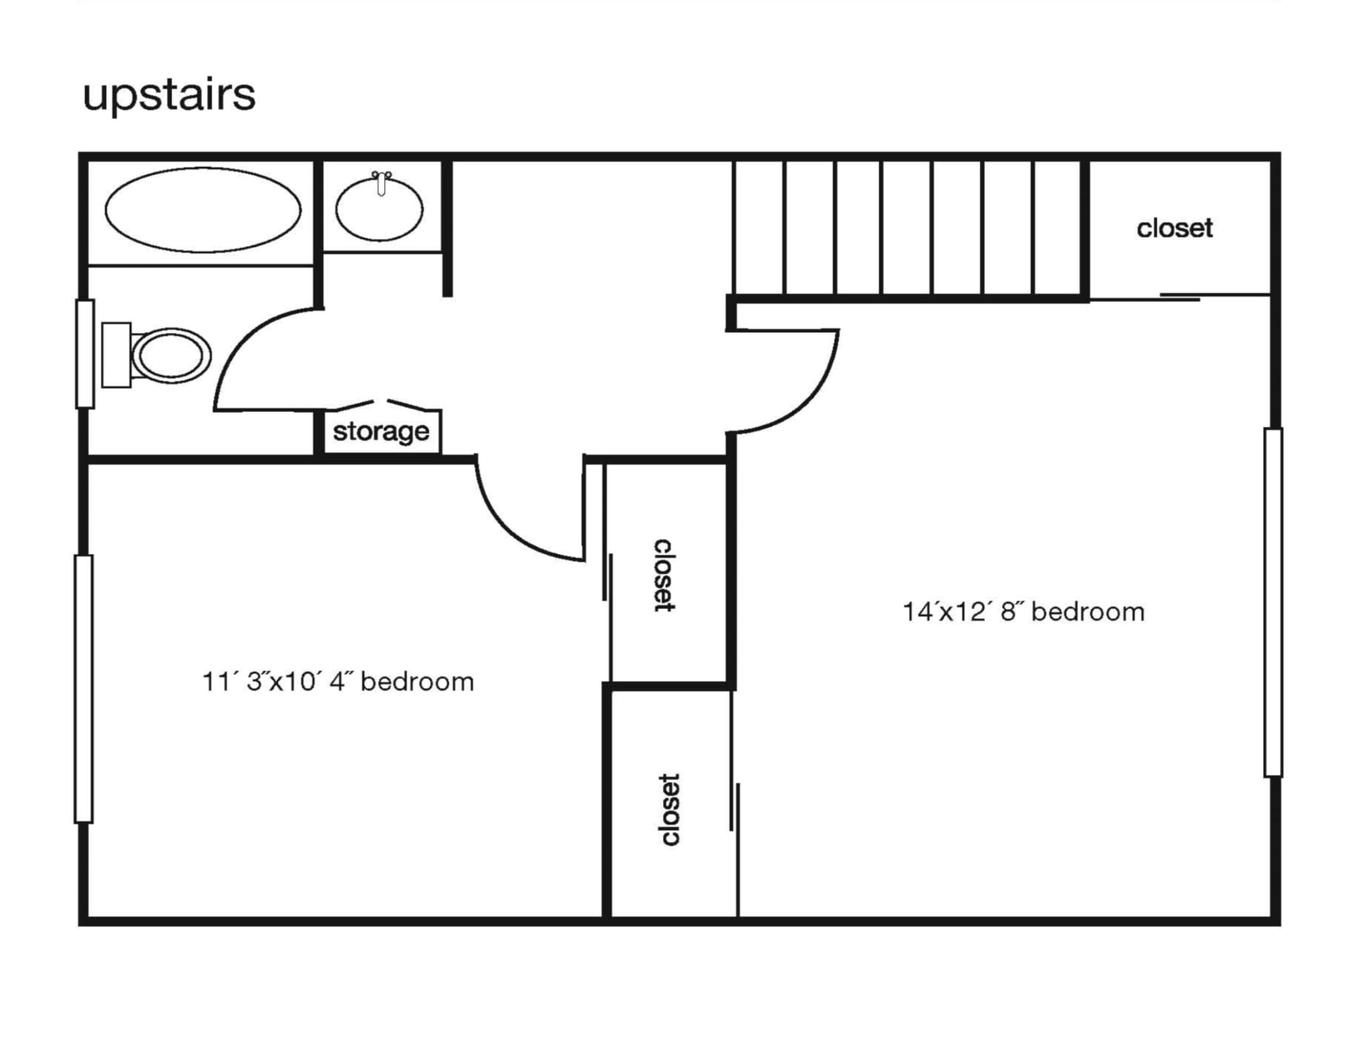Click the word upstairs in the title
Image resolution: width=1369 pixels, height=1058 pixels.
(x=168, y=96)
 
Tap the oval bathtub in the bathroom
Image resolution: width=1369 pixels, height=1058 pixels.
(x=203, y=210)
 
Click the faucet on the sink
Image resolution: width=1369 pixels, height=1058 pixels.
(x=381, y=183)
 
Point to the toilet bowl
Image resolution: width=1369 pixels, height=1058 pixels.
(x=171, y=356)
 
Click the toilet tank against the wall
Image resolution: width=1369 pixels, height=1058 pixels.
(x=116, y=355)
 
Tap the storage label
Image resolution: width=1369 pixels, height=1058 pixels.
(x=381, y=432)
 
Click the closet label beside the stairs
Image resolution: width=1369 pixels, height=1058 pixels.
(x=1174, y=229)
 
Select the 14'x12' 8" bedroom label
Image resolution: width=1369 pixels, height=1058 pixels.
(x=1023, y=612)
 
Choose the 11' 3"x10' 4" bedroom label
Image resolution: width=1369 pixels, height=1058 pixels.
(x=338, y=682)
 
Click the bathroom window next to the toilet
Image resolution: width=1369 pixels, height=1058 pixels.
(x=85, y=354)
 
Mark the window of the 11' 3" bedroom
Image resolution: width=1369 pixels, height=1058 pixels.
(x=84, y=688)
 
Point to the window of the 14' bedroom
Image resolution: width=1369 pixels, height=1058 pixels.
(x=1273, y=602)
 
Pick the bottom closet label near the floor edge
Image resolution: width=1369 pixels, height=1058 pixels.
(x=668, y=809)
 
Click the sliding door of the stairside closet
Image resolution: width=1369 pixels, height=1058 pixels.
(x=1180, y=297)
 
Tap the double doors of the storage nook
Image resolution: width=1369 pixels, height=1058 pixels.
(x=382, y=404)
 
